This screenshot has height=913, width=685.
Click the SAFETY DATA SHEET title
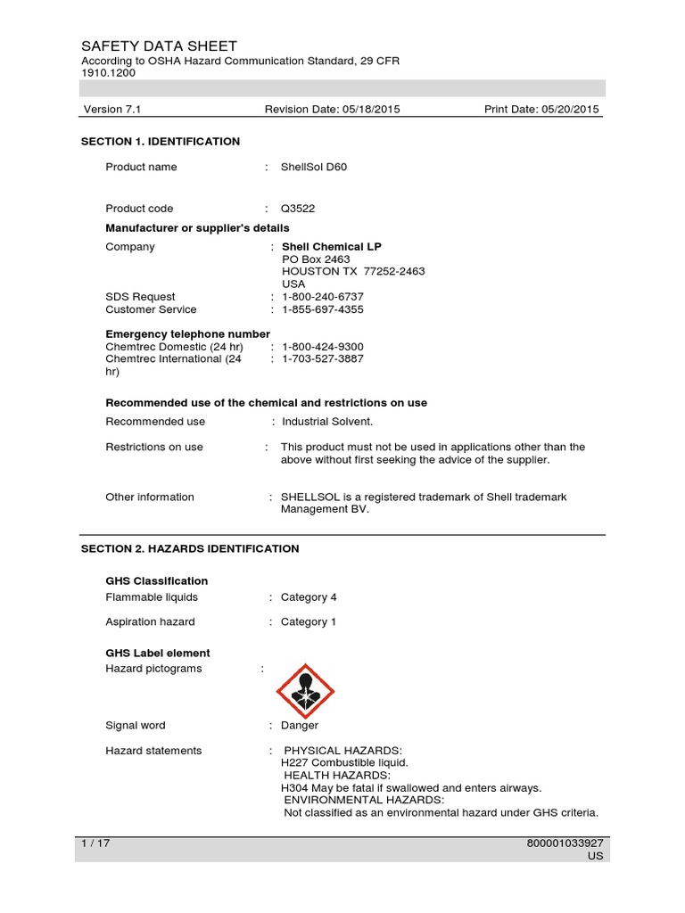pos(159,46)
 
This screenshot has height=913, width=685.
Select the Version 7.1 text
pos(112,110)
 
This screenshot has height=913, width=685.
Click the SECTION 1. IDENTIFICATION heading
pos(161,142)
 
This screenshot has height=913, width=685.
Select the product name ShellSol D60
pos(314,167)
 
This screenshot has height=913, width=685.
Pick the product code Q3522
pos(298,209)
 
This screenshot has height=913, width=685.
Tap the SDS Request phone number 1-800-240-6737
pos(323,297)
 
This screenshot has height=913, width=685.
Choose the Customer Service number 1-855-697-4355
pos(323,309)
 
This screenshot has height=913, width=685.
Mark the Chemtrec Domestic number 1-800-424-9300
pos(323,347)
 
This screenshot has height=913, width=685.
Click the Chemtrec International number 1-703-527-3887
pos(323,359)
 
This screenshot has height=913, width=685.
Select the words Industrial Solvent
pos(327,422)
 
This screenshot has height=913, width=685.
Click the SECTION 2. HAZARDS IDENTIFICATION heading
pos(190,549)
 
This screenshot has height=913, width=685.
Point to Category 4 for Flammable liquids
pos(309,597)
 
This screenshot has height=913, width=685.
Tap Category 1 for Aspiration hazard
pos(309,622)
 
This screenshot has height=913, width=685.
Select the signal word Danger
pos(300,726)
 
